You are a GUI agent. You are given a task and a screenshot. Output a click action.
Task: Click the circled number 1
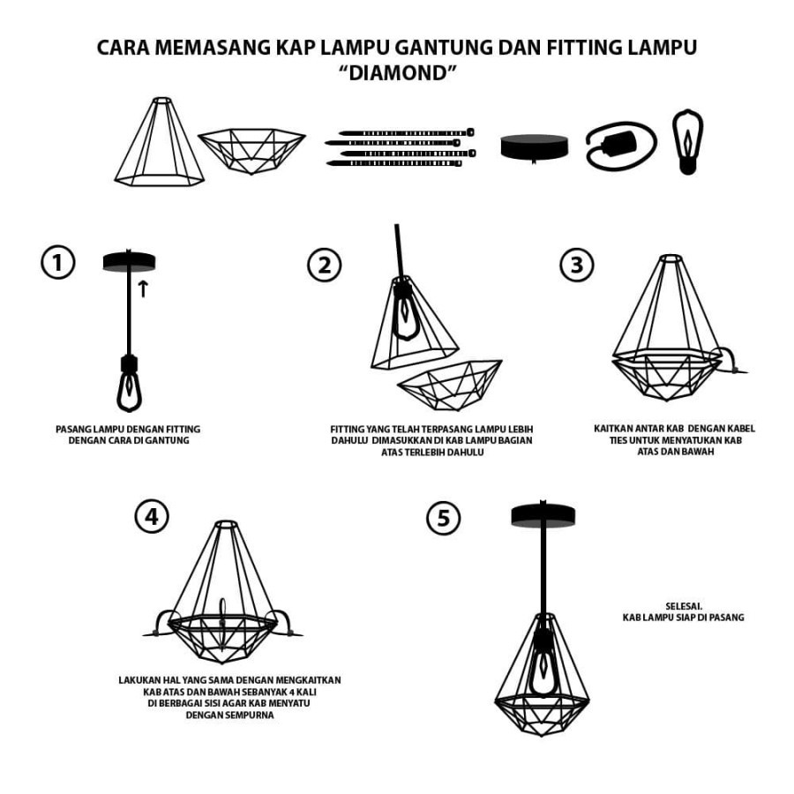(57, 263)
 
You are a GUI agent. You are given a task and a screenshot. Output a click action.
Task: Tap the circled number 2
(324, 265)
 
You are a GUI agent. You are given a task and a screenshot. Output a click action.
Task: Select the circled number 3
(577, 265)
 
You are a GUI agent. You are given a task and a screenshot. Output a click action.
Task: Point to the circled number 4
(152, 516)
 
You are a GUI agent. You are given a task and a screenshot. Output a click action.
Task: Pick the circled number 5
(443, 518)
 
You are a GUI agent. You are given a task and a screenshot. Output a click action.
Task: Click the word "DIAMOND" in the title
(397, 73)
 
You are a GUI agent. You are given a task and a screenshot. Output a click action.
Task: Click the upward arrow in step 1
(143, 288)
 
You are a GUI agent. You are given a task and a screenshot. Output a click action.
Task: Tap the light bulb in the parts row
(687, 142)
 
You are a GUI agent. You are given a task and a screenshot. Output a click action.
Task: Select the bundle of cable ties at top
(400, 147)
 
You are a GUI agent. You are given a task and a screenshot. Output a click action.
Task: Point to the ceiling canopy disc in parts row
(535, 147)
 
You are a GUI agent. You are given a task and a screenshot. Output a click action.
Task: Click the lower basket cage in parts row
(251, 150)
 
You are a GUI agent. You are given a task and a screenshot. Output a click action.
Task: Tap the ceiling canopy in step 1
(129, 262)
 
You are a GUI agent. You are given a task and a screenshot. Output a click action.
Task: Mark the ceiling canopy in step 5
(543, 516)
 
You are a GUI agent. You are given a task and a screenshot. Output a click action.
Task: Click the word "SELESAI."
(684, 605)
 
